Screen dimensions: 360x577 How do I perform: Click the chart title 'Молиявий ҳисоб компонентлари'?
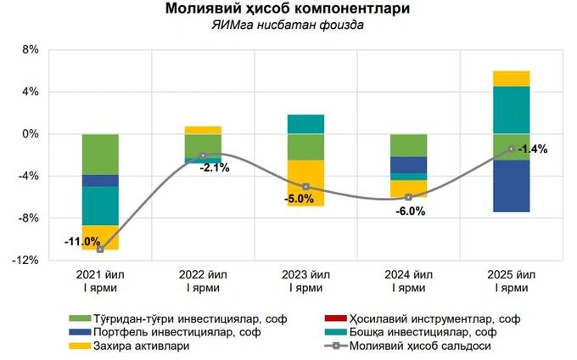(x=288, y=10)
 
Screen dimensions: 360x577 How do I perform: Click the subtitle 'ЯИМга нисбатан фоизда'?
(x=288, y=25)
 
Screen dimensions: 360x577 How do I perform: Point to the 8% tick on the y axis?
(x=30, y=49)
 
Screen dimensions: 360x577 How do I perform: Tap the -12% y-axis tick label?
(x=26, y=261)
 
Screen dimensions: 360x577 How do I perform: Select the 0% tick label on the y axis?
(x=30, y=134)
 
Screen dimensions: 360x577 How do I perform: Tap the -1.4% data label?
(x=533, y=149)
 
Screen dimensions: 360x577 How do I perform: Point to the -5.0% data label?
(x=300, y=200)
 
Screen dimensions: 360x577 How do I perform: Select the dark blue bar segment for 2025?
(x=512, y=186)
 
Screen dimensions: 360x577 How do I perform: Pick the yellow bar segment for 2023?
(x=305, y=183)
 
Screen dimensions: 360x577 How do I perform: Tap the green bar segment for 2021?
(x=100, y=155)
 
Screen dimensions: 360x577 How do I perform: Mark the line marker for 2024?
(x=409, y=197)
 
